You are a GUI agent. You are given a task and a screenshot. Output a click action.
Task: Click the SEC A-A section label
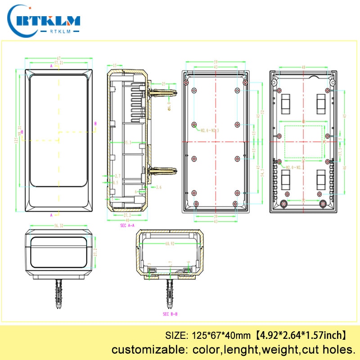(x=127, y=225)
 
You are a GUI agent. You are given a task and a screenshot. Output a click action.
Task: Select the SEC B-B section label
(x=170, y=314)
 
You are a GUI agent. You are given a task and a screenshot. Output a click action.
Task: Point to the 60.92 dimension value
(x=170, y=244)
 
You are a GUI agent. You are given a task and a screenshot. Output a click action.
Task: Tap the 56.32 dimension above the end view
(x=58, y=226)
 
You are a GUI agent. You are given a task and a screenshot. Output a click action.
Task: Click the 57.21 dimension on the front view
(x=58, y=62)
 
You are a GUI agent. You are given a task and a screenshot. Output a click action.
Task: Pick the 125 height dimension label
(x=16, y=141)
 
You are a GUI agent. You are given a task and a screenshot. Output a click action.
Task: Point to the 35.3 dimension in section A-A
(x=128, y=143)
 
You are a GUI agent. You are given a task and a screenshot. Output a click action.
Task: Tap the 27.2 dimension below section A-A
(x=127, y=215)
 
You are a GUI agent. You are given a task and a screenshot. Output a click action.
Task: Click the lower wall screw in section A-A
(x=160, y=171)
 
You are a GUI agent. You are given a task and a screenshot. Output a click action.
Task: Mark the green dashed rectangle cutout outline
(x=304, y=142)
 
